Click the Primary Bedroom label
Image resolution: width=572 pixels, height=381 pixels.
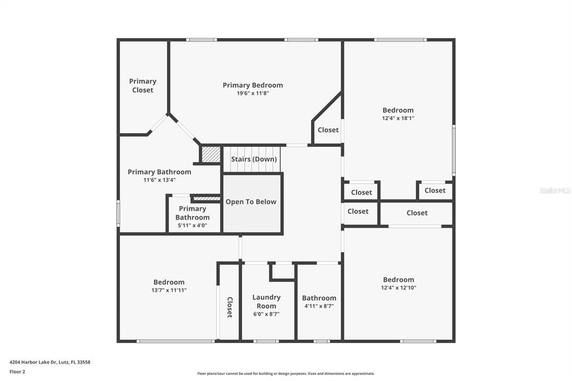[x=252, y=85]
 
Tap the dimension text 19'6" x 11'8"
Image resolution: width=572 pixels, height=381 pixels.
[x=252, y=93]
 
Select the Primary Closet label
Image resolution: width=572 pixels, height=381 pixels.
[x=142, y=85]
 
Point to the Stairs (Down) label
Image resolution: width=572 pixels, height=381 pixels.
[x=254, y=159]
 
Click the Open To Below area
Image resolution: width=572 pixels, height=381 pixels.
[x=251, y=202]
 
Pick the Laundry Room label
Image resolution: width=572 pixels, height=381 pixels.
[x=266, y=302]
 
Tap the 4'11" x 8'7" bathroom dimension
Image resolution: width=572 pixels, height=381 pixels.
[x=319, y=306]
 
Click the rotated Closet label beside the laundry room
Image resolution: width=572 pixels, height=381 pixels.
[x=229, y=307]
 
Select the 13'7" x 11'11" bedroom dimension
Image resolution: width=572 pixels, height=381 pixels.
[x=169, y=290]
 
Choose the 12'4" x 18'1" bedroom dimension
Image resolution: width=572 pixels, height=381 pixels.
[x=398, y=118]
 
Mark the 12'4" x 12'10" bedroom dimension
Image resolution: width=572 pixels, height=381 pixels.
[x=398, y=288]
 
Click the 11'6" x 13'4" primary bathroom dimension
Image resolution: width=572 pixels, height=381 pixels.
[x=159, y=180]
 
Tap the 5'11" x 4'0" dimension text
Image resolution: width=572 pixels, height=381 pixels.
[x=192, y=225]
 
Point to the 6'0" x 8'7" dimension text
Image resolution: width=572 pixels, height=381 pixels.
[x=266, y=314]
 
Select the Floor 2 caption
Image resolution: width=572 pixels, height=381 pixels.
[x=17, y=372]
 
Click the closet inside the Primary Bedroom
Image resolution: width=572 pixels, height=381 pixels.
[x=328, y=130]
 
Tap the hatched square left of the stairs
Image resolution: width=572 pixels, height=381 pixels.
[x=211, y=154]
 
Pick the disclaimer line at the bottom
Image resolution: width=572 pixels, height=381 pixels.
[x=285, y=373]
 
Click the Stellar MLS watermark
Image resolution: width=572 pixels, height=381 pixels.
[x=555, y=190]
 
